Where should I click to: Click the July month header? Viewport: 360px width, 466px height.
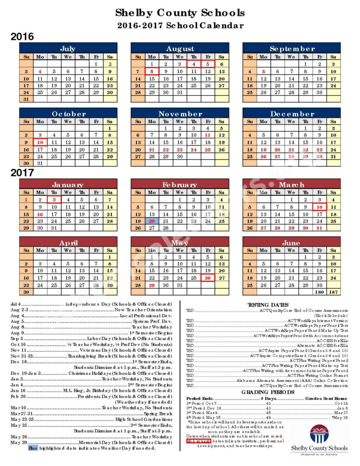coord(68,48)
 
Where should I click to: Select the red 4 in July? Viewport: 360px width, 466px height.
coord(40,71)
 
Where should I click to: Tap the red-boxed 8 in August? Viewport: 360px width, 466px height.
coord(152,71)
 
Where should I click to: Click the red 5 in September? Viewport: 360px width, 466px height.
coord(263,71)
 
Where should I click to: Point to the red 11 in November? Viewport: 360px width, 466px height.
coord(208,135)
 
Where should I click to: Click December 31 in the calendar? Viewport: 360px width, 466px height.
coord(333,156)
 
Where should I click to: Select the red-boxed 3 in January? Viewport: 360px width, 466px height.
coord(54,199)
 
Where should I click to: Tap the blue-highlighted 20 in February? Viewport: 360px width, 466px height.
coord(152,221)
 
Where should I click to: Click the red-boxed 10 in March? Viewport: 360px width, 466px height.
coord(319,207)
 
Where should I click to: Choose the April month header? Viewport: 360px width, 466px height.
coord(68,243)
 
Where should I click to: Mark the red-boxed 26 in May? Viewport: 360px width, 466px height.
coord(208,278)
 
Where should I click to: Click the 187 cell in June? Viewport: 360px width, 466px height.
coord(333,292)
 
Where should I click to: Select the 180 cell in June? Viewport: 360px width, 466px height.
coord(319,292)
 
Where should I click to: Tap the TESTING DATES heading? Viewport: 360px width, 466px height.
coord(268,304)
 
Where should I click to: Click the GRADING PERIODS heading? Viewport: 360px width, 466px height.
coord(268,391)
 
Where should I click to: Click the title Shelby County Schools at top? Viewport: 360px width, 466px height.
coord(180,13)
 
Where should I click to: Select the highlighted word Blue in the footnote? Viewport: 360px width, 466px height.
coord(33,448)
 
